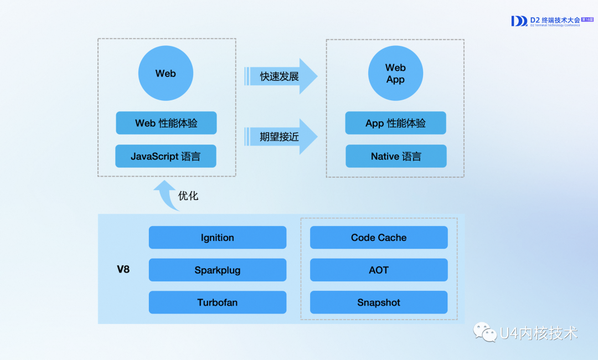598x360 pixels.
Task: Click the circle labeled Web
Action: point(166,74)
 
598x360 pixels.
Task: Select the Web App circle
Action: point(395,74)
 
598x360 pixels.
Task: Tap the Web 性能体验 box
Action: point(166,123)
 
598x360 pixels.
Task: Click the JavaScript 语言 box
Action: point(166,156)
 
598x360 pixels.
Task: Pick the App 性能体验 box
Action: point(395,123)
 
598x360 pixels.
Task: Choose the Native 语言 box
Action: point(396,156)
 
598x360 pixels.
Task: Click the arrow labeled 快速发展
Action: point(280,76)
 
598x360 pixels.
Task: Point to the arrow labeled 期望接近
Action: point(280,136)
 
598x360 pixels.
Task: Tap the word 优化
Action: point(188,196)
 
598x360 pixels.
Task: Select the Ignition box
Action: point(217,238)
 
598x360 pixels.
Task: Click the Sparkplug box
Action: point(217,270)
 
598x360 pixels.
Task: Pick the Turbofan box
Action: point(217,302)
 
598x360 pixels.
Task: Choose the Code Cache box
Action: point(379,238)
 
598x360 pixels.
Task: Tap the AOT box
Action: point(379,270)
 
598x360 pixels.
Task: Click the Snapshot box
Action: point(379,302)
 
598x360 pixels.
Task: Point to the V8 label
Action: point(123,270)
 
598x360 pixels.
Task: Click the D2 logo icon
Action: point(519,21)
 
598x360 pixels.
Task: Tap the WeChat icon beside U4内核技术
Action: point(484,332)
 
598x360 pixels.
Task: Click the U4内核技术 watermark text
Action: point(538,333)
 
